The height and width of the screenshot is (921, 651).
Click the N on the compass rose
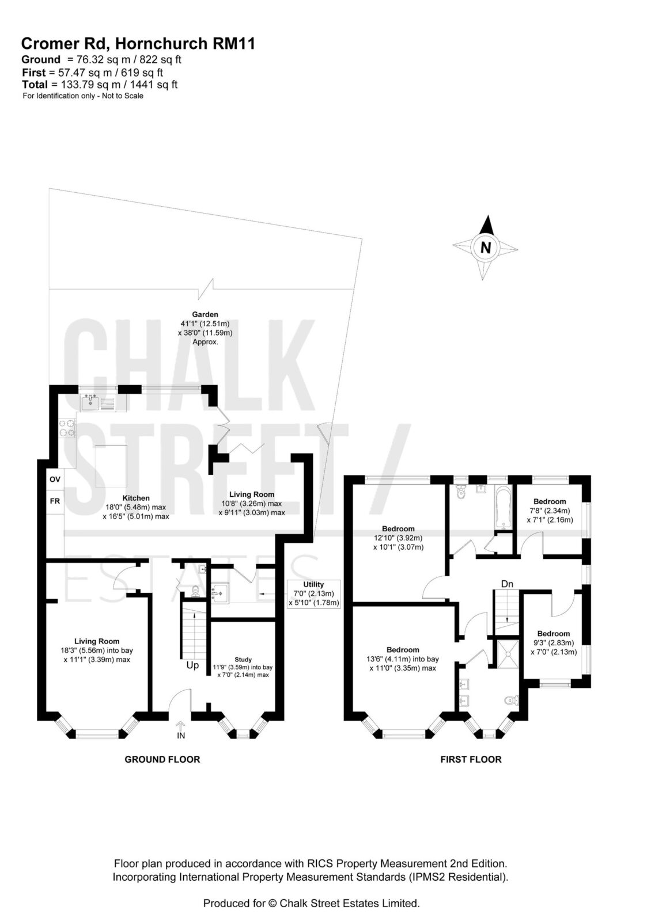(x=486, y=248)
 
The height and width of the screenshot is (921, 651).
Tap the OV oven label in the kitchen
(x=55, y=479)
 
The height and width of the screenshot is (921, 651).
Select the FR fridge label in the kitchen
(x=55, y=501)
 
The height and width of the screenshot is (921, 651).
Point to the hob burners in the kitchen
(x=67, y=428)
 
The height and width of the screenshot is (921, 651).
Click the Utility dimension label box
(x=313, y=593)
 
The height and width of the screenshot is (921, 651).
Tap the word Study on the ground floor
(x=243, y=660)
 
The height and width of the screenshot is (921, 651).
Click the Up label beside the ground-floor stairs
(x=192, y=665)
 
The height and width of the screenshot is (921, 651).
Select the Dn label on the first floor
(x=507, y=584)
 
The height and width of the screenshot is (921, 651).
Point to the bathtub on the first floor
(x=502, y=507)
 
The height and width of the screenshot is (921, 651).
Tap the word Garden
(x=205, y=314)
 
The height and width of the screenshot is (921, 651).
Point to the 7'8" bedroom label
(x=550, y=510)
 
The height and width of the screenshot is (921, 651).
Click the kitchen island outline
(x=111, y=466)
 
